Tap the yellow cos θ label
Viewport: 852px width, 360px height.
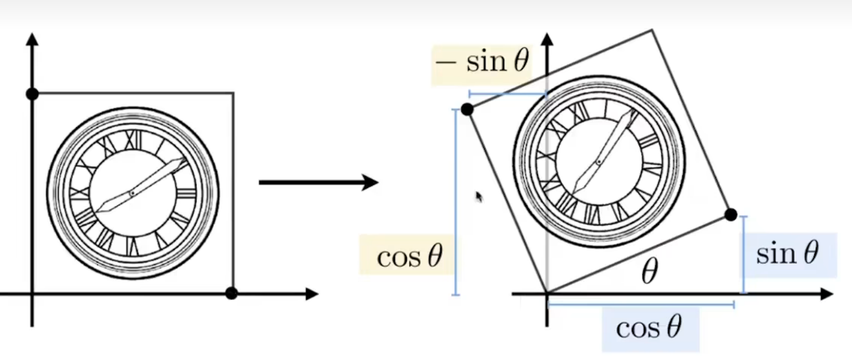pos(408,257)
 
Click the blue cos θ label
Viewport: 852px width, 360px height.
pos(649,328)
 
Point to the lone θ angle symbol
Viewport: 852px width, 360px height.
pos(649,274)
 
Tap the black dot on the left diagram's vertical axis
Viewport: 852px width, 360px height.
pos(32,94)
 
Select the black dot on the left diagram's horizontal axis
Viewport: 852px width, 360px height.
pos(231,293)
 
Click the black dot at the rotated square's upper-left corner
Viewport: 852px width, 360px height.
pos(467,110)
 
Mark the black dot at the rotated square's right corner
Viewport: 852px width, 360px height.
pos(730,214)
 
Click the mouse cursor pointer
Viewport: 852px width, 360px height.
pos(479,197)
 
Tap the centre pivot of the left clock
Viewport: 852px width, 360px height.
pos(132,193)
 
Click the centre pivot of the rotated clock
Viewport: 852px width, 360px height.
pos(599,162)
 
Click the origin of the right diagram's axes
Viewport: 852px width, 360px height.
pos(546,293)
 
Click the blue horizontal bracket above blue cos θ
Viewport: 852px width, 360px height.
pos(640,304)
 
